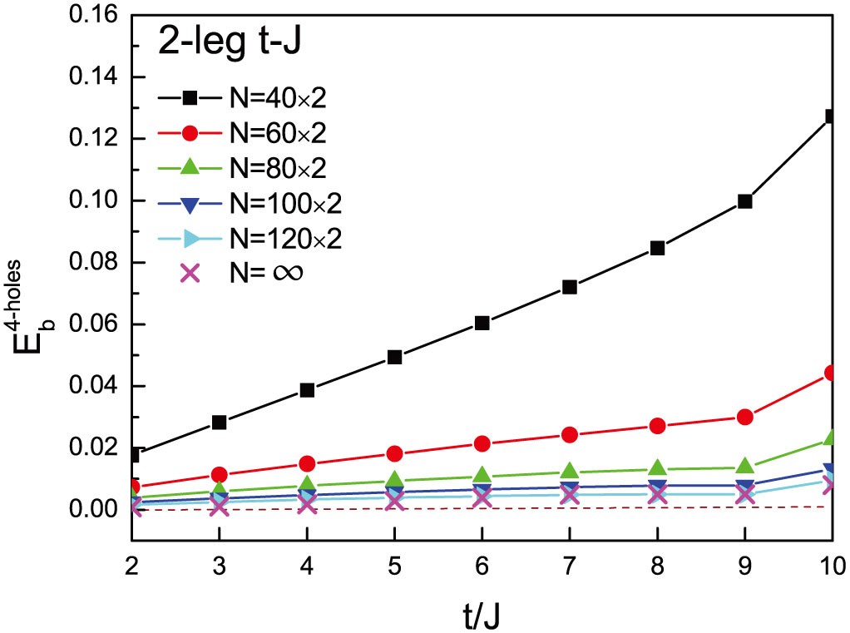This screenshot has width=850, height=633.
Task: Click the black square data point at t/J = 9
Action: click(x=744, y=201)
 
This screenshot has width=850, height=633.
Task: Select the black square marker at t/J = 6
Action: click(x=482, y=323)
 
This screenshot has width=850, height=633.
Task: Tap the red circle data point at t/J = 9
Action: click(x=744, y=417)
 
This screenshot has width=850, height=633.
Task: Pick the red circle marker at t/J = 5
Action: click(x=395, y=453)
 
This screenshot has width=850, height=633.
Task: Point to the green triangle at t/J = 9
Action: click(x=744, y=467)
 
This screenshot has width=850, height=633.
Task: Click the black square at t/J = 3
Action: click(x=220, y=423)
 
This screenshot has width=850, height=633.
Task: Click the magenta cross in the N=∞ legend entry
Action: click(x=190, y=272)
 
